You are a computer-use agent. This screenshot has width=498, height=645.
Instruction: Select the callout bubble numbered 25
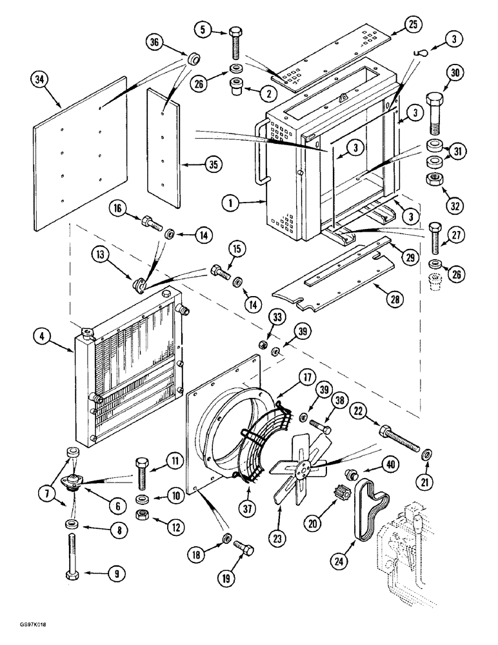(413, 25)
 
